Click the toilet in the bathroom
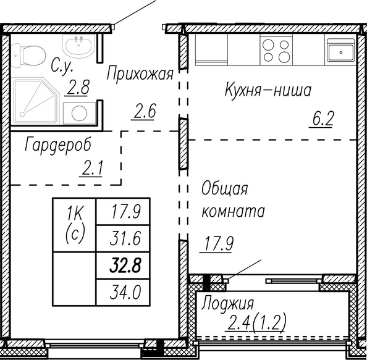point(28,56)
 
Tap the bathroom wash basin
point(78,46)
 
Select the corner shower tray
point(36,101)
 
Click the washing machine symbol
point(80,113)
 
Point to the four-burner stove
point(276,49)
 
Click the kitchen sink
point(341,50)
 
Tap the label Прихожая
point(140,74)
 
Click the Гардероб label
point(58,146)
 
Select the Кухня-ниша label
point(268,90)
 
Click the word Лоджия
point(228,304)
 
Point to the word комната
point(234,211)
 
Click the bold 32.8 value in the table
point(125,266)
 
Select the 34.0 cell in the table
point(125,293)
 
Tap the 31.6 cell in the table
point(125,238)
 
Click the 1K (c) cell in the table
point(74,225)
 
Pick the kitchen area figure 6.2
point(323,119)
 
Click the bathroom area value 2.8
point(78,87)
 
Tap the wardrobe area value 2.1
point(92,169)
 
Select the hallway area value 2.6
point(145,111)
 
